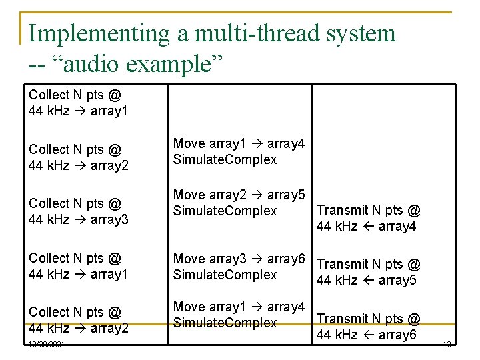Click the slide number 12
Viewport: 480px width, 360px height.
coord(446,343)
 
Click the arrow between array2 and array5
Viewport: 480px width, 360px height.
coord(257,195)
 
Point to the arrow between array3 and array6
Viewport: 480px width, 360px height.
coord(257,259)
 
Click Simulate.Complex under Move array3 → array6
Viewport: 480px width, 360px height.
coord(225,275)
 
